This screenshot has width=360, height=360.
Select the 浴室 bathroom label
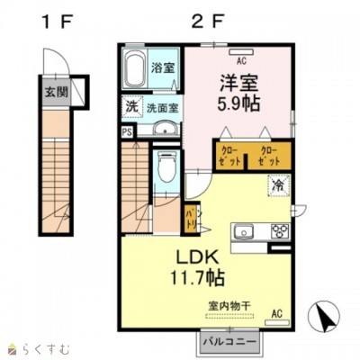163,67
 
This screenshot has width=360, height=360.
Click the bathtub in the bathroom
135,67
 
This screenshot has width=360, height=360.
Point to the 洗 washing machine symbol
130,104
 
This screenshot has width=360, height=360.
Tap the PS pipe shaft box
126,130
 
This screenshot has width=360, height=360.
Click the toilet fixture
166,168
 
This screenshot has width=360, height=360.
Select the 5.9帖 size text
238,103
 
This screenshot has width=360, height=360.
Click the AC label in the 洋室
242,61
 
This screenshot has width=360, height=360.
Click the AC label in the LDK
280,312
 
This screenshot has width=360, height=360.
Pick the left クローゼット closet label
228,152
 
